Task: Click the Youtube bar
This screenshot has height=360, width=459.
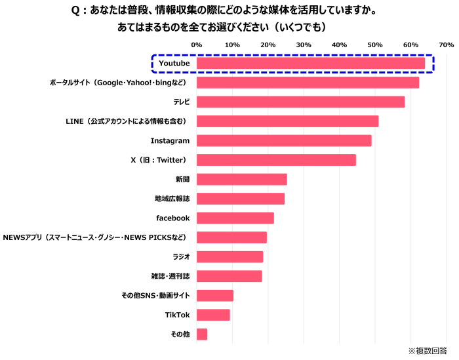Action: point(311,63)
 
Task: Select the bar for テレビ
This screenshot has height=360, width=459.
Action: point(301,102)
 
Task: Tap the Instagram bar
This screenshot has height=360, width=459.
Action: point(284,141)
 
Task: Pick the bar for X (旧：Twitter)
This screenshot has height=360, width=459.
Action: point(276,160)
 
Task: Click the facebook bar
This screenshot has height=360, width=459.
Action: point(235,218)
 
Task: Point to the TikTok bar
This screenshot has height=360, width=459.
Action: point(213,315)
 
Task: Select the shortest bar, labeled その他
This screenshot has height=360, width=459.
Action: point(202,334)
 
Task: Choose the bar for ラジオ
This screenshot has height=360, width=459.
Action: point(229,256)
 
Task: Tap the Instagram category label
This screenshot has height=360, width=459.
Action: point(170,141)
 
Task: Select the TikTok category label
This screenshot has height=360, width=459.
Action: point(177,315)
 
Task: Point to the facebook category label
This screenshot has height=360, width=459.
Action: point(172,218)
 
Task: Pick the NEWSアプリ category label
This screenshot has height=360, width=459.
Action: point(97,237)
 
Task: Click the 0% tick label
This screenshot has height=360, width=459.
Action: point(196,44)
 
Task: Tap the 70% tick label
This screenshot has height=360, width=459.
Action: point(446,44)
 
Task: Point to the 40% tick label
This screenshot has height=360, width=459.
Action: point(339,44)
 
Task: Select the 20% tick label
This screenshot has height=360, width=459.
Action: point(268,44)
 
